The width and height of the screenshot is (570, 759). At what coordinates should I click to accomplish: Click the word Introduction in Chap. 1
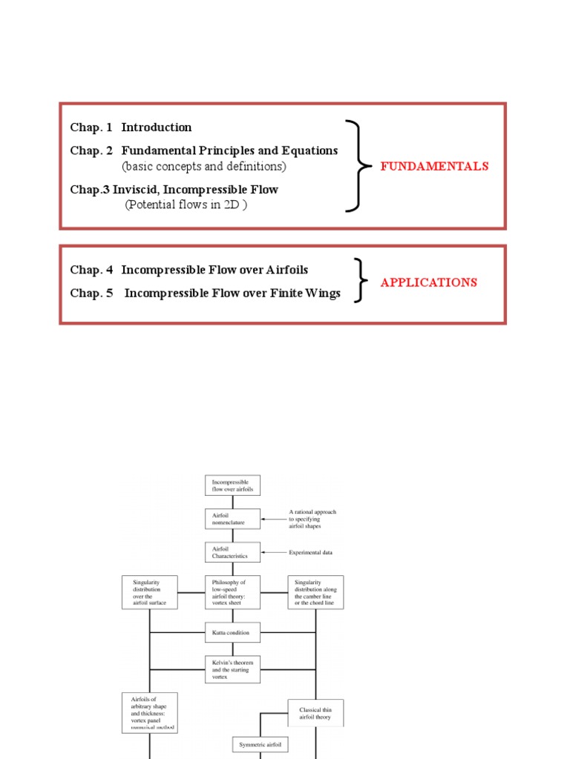coord(157,127)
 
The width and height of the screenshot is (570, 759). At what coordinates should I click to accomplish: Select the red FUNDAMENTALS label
coord(434,166)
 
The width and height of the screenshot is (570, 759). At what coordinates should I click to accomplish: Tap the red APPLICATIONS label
coord(428,282)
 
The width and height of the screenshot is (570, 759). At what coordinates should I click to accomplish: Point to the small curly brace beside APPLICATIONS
coord(359,281)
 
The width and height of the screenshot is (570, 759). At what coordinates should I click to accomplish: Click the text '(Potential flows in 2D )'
coord(186,205)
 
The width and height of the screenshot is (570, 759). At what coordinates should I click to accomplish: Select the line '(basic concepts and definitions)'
coord(204,166)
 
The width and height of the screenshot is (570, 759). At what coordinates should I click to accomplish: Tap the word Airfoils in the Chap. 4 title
coord(284,270)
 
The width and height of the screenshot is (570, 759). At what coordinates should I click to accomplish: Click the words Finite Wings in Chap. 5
coord(307,294)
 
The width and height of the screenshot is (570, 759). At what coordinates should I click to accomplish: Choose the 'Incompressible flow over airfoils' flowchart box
coord(232,485)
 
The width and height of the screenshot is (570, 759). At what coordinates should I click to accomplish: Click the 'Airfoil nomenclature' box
coord(232,519)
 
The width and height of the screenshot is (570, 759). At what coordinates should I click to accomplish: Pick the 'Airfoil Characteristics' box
coord(232,552)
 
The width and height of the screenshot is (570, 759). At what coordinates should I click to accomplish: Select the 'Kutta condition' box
coord(232,633)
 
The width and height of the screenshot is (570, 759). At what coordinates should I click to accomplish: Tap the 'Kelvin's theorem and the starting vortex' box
coord(232,670)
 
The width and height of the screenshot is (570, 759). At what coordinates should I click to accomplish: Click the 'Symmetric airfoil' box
coord(261,743)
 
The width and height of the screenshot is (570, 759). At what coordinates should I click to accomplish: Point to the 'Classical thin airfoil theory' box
coord(315,713)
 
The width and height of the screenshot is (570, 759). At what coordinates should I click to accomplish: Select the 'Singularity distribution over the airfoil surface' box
coord(150,592)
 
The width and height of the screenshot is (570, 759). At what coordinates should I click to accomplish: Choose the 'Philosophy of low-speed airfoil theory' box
coord(232,592)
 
